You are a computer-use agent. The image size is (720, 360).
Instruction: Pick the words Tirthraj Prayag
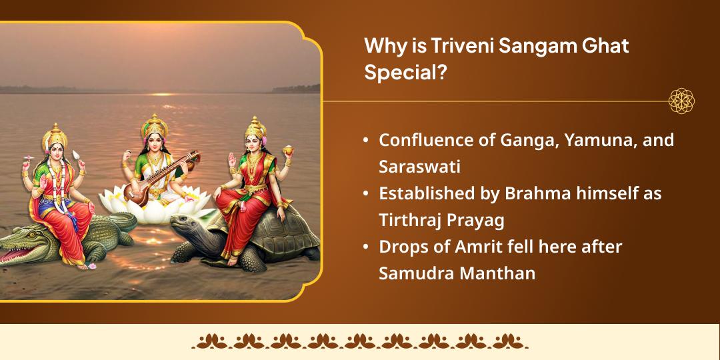[441, 219]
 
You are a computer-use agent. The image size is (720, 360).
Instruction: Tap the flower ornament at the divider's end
[682, 101]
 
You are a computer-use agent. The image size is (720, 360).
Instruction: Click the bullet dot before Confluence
[366, 141]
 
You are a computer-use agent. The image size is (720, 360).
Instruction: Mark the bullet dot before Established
[366, 195]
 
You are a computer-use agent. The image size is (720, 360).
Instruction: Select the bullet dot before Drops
[366, 247]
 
